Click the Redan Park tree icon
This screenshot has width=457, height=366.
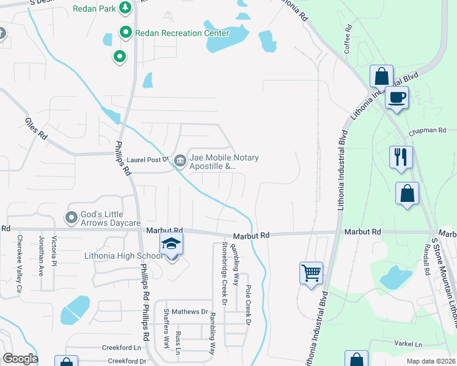coord(126,8)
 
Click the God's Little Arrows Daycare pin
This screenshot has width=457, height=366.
coord(71,217)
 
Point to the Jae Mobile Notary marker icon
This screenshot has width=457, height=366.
coord(180,161)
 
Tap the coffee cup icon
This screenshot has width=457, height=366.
coord(397,98)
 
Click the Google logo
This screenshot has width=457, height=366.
coord(20,359)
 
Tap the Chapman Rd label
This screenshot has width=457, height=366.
coord(428,131)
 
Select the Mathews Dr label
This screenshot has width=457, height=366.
coord(189,311)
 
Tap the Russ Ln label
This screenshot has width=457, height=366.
coord(178,343)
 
